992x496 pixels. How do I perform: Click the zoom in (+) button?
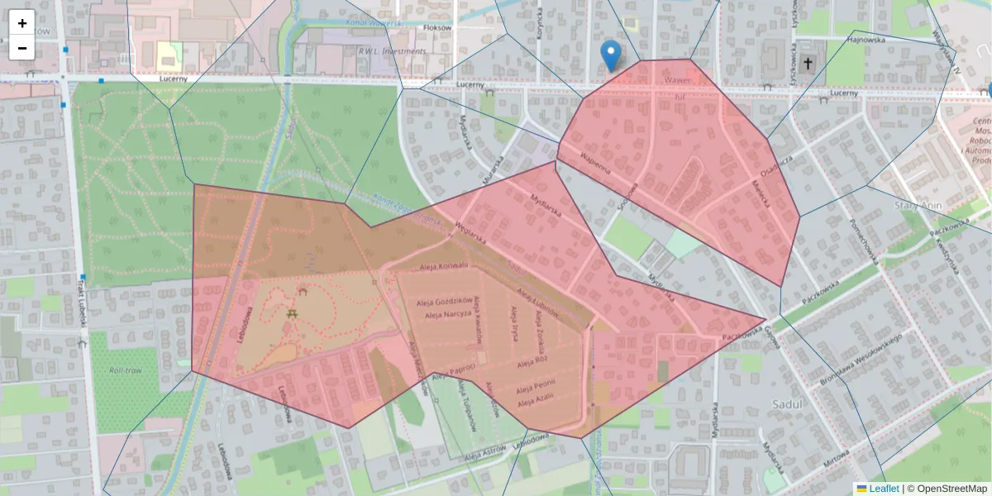click(x=22, y=23)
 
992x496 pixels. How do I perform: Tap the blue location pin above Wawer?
click(x=610, y=55)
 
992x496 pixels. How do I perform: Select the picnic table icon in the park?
click(x=292, y=314)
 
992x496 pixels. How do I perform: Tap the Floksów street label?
click(x=436, y=27)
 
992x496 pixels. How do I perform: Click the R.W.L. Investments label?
click(x=393, y=51)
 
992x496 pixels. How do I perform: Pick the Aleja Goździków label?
click(x=446, y=301)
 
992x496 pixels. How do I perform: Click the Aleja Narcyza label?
click(x=446, y=315)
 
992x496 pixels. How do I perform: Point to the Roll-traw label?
click(x=125, y=370)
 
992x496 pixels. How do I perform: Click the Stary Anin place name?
click(x=919, y=203)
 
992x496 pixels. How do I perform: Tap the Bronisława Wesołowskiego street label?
click(x=859, y=360)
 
